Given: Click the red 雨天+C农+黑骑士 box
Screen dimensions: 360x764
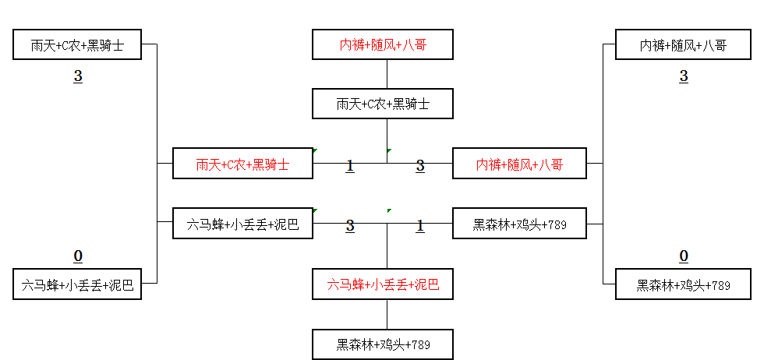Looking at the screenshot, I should pos(242,164).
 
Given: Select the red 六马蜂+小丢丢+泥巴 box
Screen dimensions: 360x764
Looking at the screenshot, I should pos(383,285).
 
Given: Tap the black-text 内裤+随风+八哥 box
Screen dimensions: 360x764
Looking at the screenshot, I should pos(684,45).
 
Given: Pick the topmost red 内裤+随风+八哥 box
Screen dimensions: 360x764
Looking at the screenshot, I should pos(383,45).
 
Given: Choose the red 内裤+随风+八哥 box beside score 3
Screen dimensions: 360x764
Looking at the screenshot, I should pos(520,164).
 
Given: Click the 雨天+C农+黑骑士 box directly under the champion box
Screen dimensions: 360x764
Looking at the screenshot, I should pos(383,104).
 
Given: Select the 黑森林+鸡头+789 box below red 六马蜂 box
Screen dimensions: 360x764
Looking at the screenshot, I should pos(383,344).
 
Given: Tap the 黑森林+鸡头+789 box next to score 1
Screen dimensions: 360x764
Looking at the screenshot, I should pos(520,225).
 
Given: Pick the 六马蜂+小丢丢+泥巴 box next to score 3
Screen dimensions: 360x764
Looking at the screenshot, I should pos(242,225).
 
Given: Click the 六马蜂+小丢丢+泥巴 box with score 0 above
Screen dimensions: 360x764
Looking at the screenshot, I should pos(77,285).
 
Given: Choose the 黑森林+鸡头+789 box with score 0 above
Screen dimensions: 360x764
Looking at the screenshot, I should pos(684,285).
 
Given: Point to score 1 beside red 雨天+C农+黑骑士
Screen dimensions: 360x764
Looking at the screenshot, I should pos(350,165).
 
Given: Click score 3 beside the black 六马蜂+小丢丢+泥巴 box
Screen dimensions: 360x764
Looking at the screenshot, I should pos(350,226).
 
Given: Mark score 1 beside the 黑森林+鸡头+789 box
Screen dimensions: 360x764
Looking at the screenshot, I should pos(420,226).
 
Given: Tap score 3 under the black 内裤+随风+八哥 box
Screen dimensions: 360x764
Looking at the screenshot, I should pos(684,76).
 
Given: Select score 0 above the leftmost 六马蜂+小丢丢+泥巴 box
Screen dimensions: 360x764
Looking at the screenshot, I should pos(78,256).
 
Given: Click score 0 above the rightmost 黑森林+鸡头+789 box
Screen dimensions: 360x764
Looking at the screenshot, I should pos(684,256).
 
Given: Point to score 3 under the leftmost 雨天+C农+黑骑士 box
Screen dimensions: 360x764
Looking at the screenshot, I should pos(78,76).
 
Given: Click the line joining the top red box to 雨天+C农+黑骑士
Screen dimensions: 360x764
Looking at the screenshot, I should pos(387,74).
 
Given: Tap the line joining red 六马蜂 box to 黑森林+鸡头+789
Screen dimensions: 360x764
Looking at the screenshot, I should pos(387,315).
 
